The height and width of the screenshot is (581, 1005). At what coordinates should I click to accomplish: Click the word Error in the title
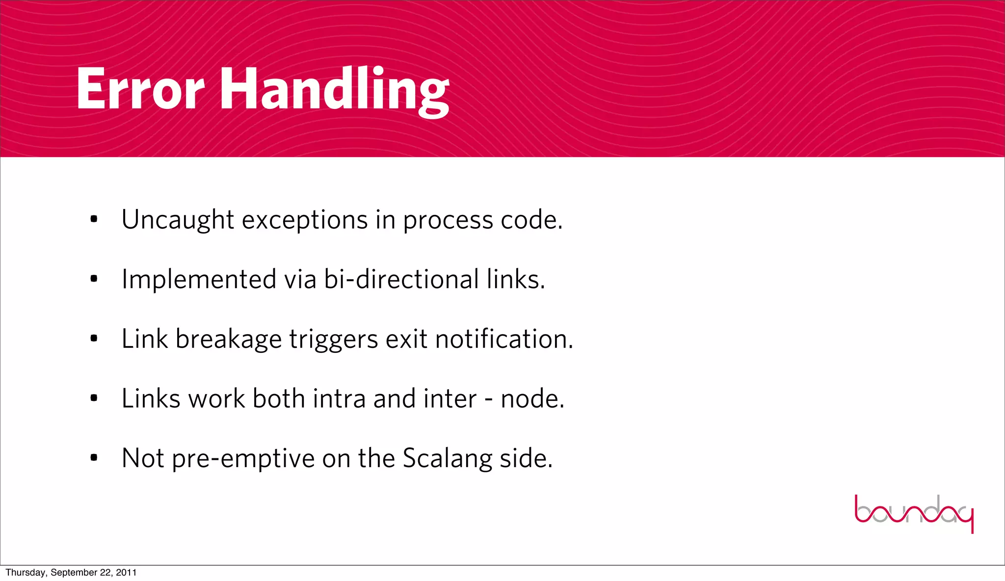point(140,89)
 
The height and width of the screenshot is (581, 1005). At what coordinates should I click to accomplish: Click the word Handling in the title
point(334,91)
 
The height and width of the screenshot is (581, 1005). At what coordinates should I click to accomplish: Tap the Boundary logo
point(914,513)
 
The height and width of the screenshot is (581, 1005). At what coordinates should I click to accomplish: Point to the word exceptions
point(305,220)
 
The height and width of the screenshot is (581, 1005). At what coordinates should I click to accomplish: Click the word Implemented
point(199,280)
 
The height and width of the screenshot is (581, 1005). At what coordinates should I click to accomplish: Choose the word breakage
point(228,339)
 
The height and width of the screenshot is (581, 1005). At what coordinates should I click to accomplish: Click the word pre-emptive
point(243,459)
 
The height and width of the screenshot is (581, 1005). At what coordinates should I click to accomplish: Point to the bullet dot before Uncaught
point(94,220)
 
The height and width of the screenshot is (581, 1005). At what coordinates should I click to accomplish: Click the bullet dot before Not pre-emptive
point(94,458)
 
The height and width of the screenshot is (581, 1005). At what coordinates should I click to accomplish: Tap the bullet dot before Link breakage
point(94,339)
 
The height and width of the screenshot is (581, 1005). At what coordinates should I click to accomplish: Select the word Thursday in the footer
point(26,573)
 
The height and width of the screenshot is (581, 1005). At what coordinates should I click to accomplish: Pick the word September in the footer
point(74,573)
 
